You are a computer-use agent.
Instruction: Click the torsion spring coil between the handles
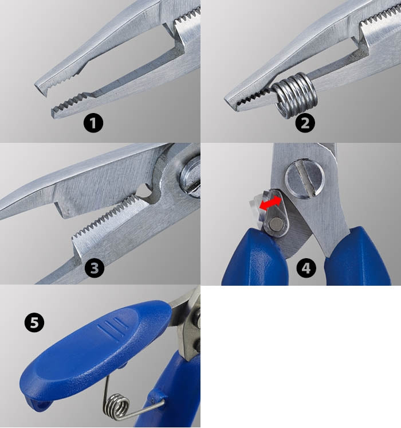115,402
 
